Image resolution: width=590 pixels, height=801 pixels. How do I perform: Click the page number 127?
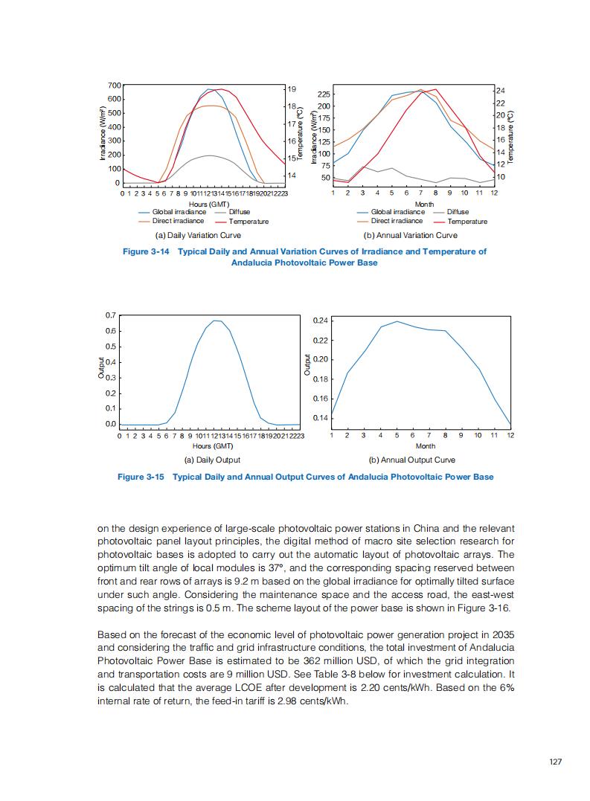[554, 762]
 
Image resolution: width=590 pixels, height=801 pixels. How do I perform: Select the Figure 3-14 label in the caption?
[147, 251]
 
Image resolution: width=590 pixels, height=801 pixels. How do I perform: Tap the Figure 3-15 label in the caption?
[141, 477]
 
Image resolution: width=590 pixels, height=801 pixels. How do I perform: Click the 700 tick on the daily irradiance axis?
[114, 86]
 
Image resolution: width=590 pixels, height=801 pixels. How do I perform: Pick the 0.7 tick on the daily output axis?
[110, 316]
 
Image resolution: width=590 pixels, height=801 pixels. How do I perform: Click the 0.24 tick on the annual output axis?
[320, 321]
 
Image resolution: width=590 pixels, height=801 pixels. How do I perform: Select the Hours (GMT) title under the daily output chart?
[213, 446]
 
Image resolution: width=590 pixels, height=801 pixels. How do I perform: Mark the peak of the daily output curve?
[216, 321]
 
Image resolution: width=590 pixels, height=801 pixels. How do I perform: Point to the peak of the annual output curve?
[397, 321]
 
